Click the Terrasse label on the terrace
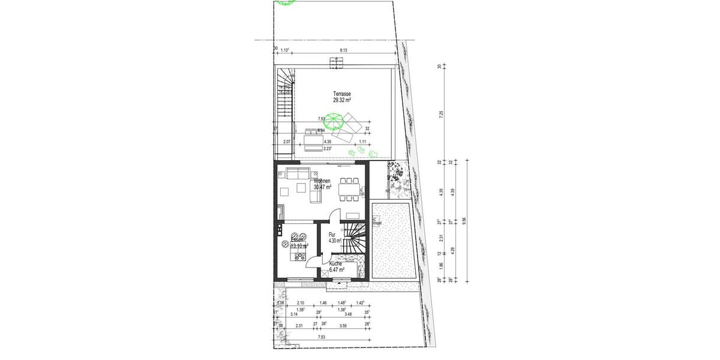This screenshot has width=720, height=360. pyautogui.click(x=343, y=94)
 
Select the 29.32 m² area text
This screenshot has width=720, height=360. pyautogui.click(x=343, y=100)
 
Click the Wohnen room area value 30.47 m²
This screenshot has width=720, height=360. pyautogui.click(x=322, y=187)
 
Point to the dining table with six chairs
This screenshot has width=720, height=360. pyautogui.click(x=350, y=190)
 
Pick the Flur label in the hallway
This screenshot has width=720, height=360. pyautogui.click(x=332, y=235)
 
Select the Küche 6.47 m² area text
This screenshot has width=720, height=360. pyautogui.click(x=336, y=270)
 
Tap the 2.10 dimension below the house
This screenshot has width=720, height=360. pyautogui.click(x=301, y=304)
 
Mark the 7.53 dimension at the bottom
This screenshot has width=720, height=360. pyautogui.click(x=322, y=338)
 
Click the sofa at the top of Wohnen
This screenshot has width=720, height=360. pyautogui.click(x=297, y=174)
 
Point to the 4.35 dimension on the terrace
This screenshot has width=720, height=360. pyautogui.click(x=328, y=141)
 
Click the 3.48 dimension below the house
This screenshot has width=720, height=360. pyautogui.click(x=349, y=314)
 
